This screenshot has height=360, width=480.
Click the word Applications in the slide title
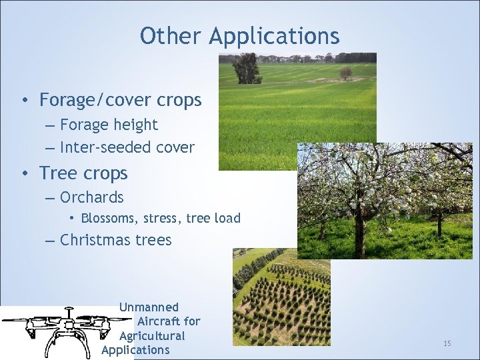tap(274, 37)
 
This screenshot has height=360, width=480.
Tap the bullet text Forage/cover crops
tap(120, 101)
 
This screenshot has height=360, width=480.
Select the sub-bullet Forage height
tap(109, 125)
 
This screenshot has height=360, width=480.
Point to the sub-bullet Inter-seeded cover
tap(127, 147)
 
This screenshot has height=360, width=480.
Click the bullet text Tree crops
tap(83, 173)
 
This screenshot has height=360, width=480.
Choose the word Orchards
tap(92, 198)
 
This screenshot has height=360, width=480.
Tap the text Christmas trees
tap(115, 241)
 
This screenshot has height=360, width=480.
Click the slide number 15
tap(447, 343)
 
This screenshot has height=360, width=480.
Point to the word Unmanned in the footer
tap(149, 307)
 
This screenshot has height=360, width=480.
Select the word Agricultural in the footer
tap(152, 336)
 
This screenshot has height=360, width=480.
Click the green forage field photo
tap(280, 113)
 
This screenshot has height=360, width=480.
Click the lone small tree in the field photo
tap(345, 73)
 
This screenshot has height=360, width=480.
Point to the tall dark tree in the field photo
tap(247, 68)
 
